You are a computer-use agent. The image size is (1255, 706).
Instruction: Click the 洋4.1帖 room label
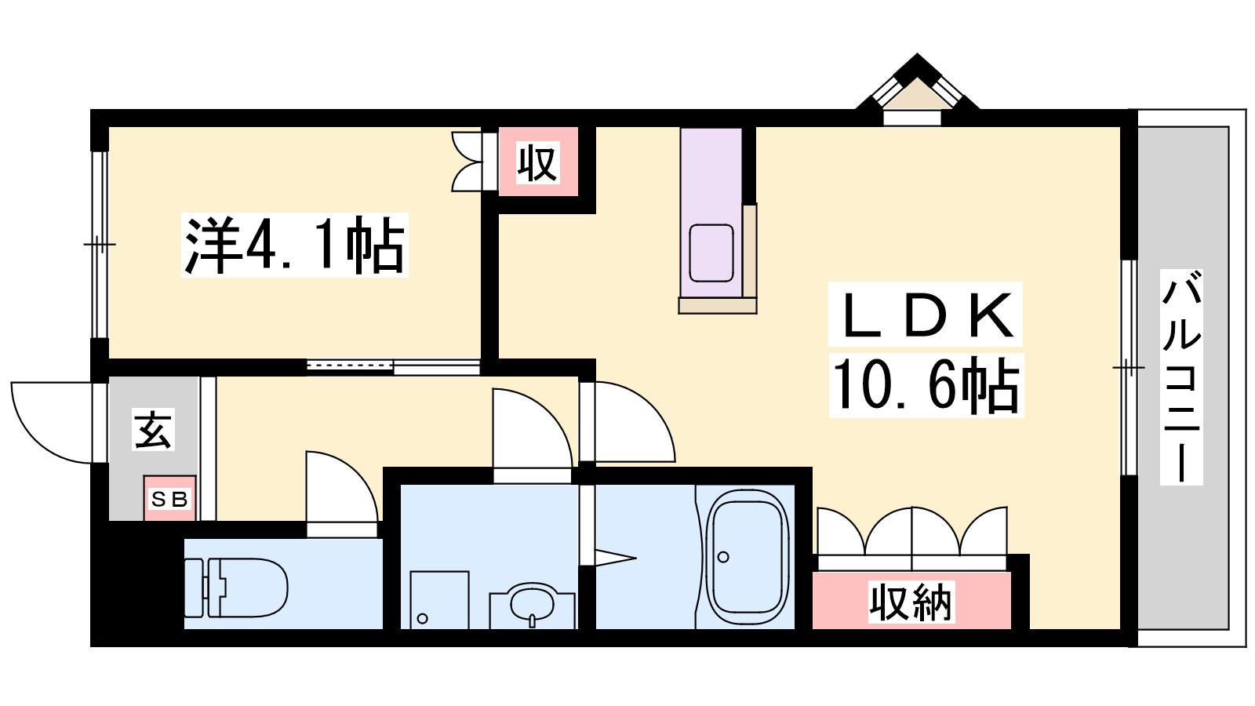(295, 245)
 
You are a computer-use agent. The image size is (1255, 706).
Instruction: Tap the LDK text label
(925, 315)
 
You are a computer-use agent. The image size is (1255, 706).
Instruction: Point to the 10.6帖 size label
(926, 385)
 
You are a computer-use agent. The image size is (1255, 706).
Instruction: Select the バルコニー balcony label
(1181, 377)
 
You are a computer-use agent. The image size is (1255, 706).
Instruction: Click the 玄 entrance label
(153, 429)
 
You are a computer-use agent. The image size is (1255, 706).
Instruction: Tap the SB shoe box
(169, 498)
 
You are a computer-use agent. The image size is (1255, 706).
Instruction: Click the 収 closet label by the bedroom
(538, 162)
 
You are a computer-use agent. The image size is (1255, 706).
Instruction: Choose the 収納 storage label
(911, 602)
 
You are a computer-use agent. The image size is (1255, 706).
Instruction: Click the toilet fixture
(236, 588)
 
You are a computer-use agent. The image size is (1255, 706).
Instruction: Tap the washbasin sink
(532, 606)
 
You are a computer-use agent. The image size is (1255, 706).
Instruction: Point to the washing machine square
(439, 599)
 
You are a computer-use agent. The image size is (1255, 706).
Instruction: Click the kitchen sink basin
(711, 253)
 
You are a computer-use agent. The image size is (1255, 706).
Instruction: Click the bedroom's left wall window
(100, 244)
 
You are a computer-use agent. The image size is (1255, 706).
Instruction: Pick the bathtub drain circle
(723, 557)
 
